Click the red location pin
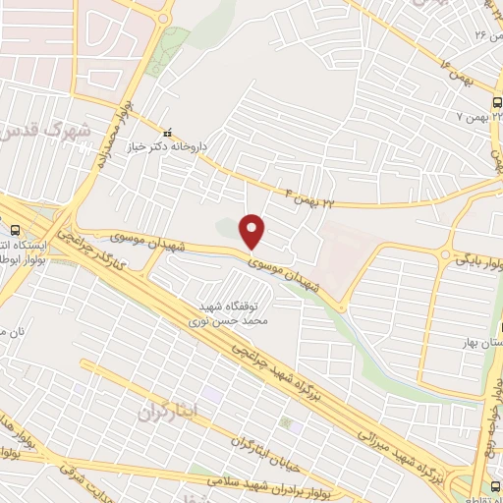tap(254, 230)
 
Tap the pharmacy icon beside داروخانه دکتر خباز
tap(167, 132)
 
